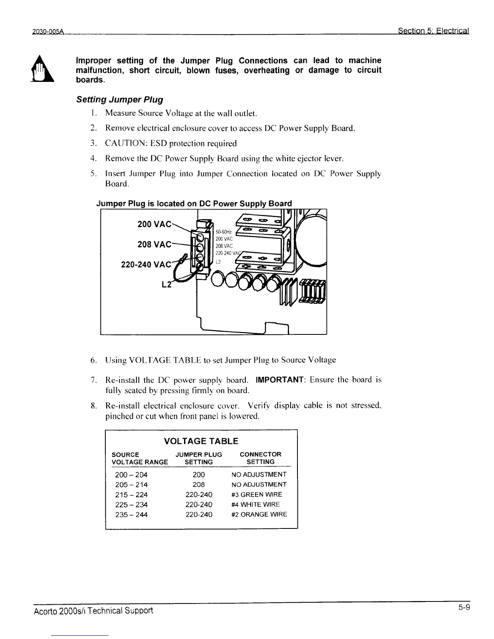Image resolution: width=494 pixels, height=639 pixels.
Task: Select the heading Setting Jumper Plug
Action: (x=119, y=99)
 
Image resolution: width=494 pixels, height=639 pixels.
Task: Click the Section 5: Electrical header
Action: (x=433, y=31)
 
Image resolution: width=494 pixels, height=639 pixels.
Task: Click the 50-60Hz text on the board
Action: (x=223, y=232)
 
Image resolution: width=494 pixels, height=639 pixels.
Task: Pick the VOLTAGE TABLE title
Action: (x=201, y=441)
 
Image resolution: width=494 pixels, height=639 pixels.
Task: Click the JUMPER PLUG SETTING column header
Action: (x=199, y=458)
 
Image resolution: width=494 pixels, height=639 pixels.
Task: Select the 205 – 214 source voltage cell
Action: (x=131, y=484)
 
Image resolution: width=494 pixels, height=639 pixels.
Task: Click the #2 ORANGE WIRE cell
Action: (x=259, y=514)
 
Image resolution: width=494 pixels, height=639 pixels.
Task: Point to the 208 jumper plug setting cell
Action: (x=199, y=484)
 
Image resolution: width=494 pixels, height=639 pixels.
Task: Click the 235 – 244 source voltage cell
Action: (x=131, y=515)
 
